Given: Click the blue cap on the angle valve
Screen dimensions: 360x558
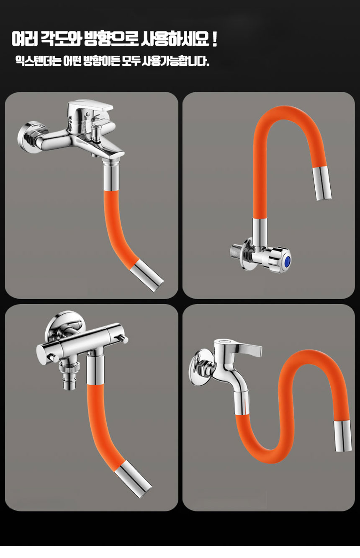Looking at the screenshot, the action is click(x=287, y=261).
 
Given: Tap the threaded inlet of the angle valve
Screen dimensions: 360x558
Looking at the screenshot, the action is click(x=236, y=251).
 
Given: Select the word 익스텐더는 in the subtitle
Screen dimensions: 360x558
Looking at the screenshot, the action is click(x=38, y=60).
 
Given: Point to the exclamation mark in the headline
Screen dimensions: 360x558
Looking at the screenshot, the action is click(x=215, y=39).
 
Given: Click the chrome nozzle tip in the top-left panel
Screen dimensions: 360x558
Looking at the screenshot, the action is click(x=147, y=276).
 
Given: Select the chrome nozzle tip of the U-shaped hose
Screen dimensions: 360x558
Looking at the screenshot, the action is click(x=323, y=183).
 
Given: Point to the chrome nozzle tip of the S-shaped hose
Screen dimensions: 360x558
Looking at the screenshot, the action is click(x=343, y=436).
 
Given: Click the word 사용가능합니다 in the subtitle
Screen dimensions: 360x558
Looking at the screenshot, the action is click(x=175, y=60).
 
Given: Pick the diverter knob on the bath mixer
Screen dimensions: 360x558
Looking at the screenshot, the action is click(x=96, y=133).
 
